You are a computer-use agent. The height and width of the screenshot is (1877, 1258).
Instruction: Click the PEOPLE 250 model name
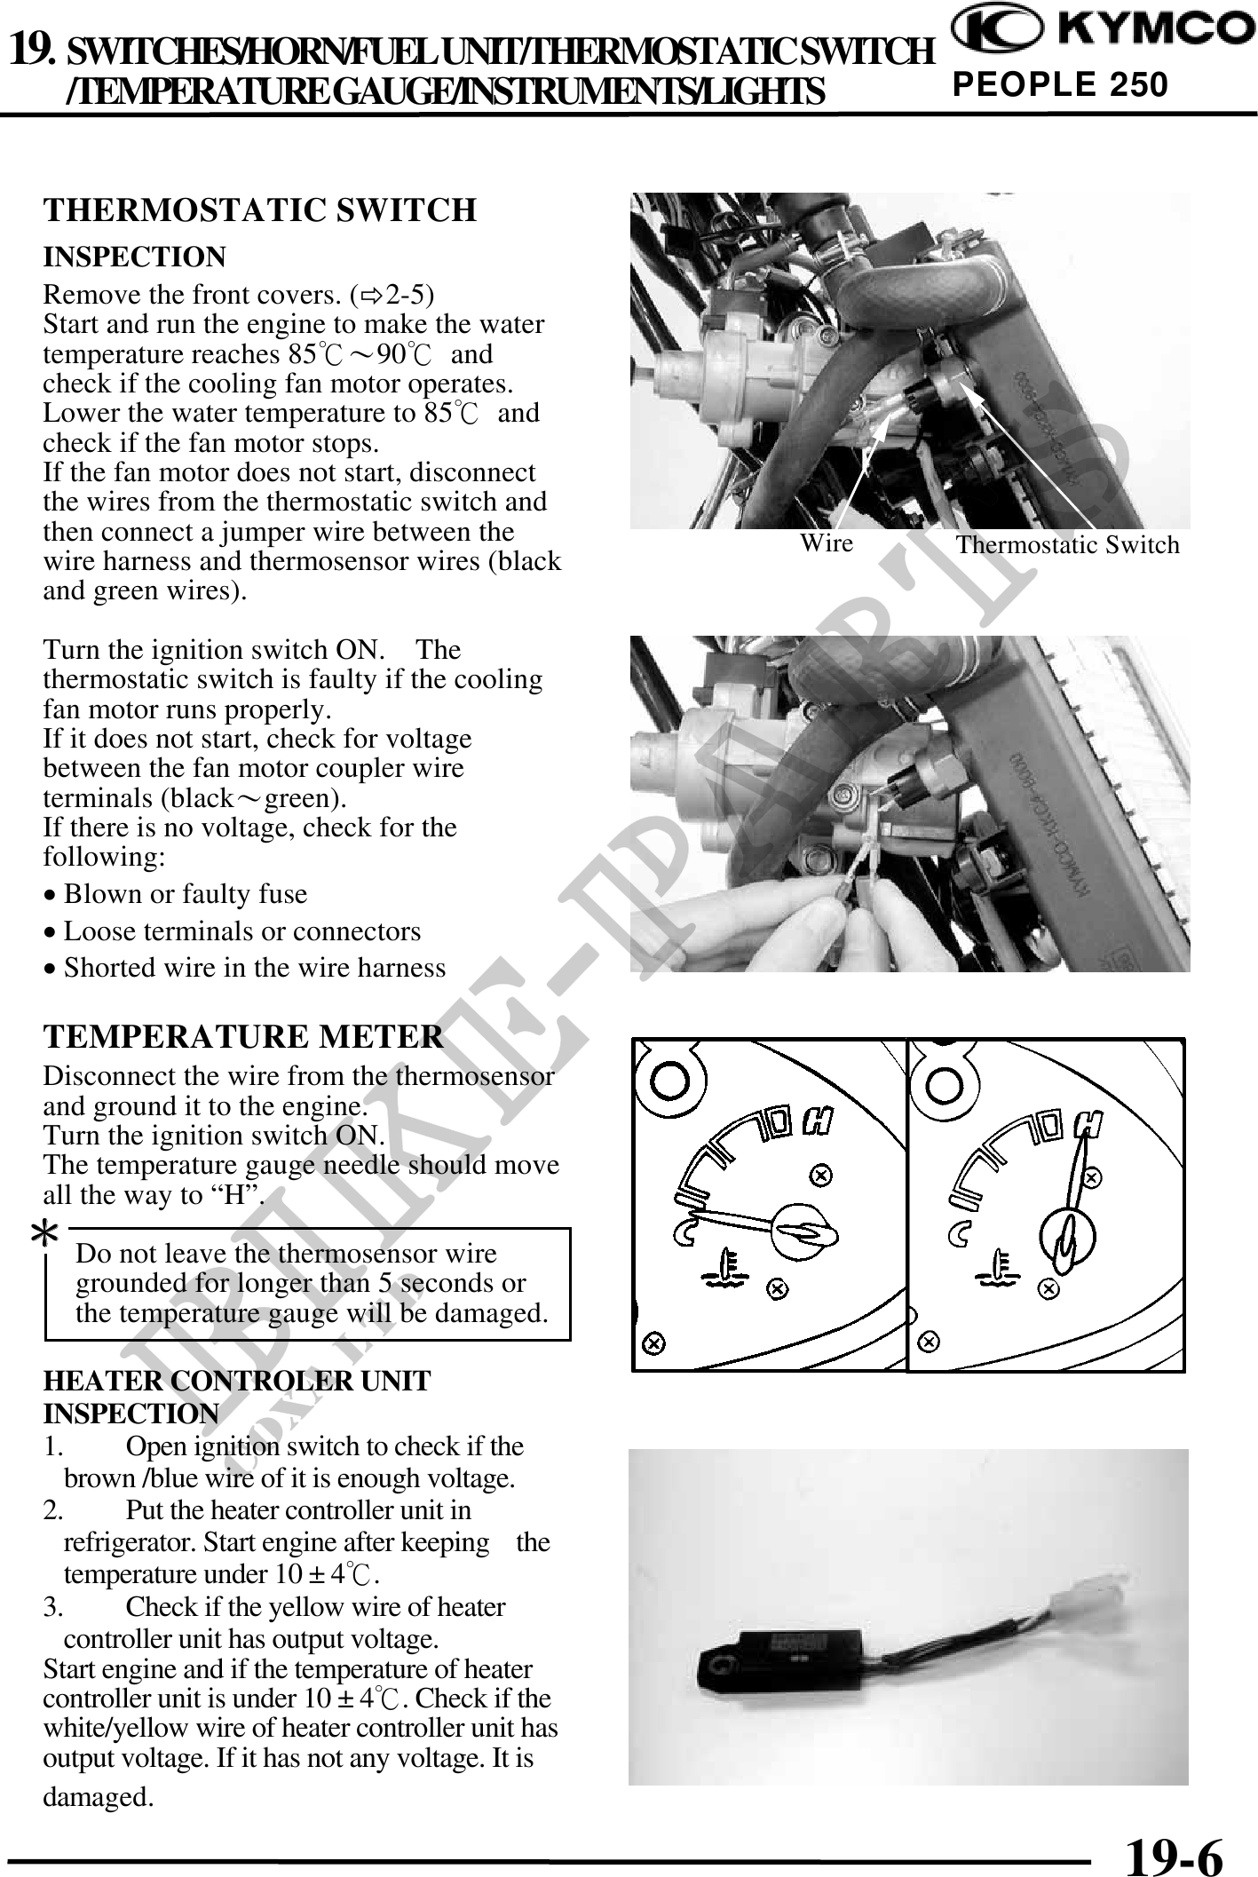coord(1060,85)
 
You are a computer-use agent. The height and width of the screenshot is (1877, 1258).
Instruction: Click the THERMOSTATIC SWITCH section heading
coord(260,210)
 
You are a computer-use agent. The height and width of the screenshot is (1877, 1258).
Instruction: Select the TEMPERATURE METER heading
coord(243,1037)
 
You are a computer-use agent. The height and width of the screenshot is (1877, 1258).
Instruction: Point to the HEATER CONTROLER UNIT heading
coord(237,1382)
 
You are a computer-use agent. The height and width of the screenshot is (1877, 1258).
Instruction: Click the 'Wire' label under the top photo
coord(826,543)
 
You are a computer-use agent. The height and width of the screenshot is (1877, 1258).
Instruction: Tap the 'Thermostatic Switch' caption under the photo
coord(1067,545)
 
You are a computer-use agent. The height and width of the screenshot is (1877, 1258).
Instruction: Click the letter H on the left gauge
coord(816,1122)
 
